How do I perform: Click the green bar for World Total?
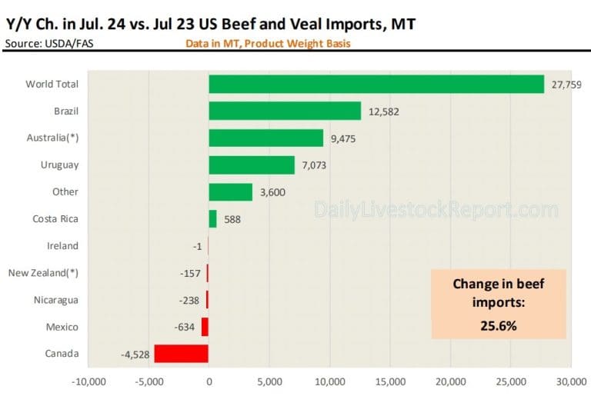(376, 85)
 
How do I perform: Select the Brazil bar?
(285, 111)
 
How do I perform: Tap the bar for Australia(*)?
(265, 138)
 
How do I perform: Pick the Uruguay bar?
(252, 165)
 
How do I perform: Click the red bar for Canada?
(181, 354)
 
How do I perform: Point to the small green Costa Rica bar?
(212, 219)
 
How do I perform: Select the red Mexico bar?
(205, 327)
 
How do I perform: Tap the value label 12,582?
(383, 111)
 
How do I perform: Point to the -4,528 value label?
(135, 354)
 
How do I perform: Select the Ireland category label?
(63, 246)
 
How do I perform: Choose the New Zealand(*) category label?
(43, 273)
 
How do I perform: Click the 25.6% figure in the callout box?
(499, 325)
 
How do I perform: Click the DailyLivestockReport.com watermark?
(436, 209)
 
